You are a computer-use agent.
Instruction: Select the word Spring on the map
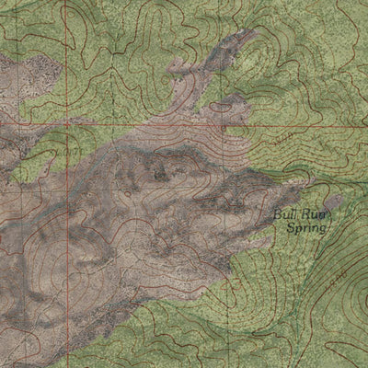point(305,227)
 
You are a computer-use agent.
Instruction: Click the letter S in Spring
point(290,227)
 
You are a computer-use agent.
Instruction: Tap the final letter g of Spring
point(322,229)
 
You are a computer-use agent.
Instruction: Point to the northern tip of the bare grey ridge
point(247,35)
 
